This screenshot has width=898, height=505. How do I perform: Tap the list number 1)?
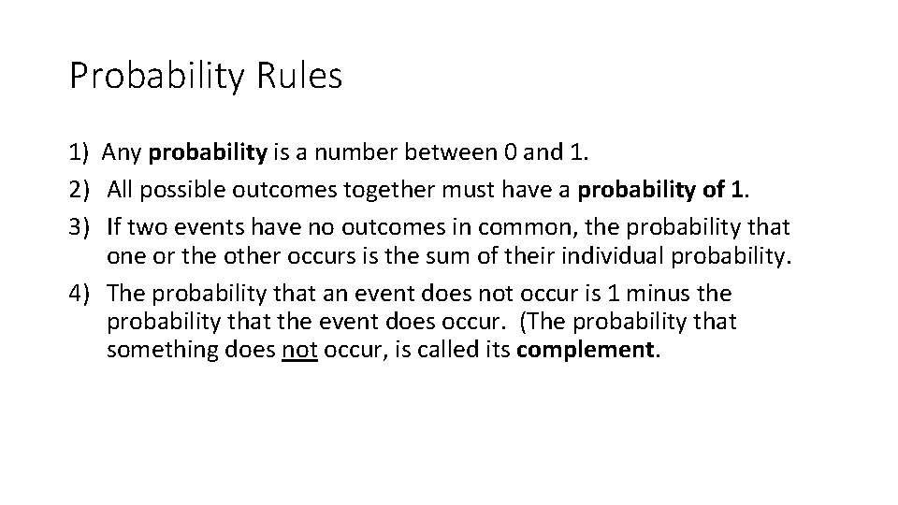[x=79, y=151]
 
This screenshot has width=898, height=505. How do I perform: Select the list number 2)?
[x=79, y=190]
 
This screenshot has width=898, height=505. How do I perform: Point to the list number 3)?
[x=79, y=226]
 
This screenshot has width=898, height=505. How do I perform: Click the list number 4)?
[x=79, y=294]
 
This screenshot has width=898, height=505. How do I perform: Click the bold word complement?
[x=587, y=352]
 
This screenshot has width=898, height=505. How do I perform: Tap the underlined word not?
[x=299, y=352]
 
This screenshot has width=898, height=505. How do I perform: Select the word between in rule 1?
[x=415, y=151]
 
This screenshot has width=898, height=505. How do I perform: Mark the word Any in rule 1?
[x=123, y=151]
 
